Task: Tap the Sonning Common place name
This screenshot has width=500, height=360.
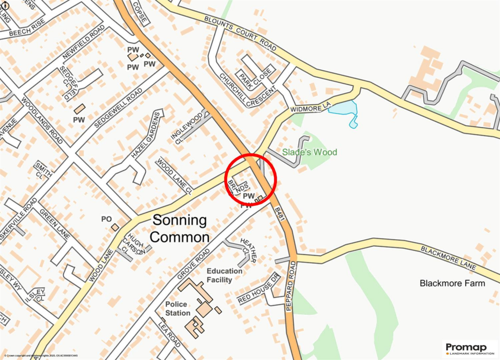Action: (179, 229)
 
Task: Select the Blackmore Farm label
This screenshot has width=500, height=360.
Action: (453, 283)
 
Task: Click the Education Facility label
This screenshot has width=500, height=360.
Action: (224, 275)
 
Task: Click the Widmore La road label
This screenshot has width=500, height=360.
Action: (311, 106)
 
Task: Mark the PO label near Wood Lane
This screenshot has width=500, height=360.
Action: (106, 219)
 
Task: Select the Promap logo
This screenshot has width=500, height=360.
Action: (469, 349)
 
